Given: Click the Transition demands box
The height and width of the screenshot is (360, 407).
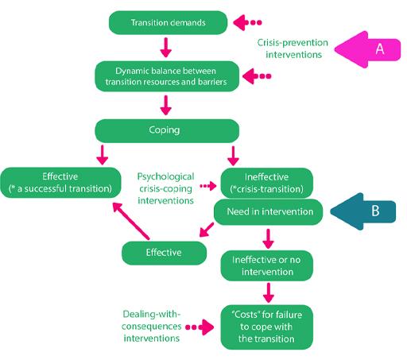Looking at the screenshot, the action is (x=168, y=22).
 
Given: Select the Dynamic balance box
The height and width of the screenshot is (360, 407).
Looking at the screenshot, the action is (x=167, y=76).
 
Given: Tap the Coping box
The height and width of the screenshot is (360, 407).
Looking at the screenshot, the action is (x=167, y=130).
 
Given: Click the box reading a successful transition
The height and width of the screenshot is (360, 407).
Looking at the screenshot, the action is (x=60, y=183).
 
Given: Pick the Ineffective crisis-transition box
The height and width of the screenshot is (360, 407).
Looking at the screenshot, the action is (x=267, y=183).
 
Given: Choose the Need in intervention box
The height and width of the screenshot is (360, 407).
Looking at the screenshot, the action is (x=268, y=212).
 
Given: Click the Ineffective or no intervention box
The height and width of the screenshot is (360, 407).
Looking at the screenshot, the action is (x=267, y=265).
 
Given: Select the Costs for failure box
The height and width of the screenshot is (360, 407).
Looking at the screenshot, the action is (x=267, y=327).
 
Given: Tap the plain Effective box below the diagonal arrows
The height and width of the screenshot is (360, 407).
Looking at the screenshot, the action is (x=164, y=253).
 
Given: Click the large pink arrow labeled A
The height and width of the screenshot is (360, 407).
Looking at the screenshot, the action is (x=367, y=49).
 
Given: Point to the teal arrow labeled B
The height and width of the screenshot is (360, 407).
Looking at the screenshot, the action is (x=363, y=211).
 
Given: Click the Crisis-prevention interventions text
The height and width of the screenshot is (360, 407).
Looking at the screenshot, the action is (x=293, y=48).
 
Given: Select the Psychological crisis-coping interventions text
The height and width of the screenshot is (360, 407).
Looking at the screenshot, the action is (x=165, y=188).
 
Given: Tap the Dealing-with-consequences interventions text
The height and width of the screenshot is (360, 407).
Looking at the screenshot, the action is (x=152, y=326).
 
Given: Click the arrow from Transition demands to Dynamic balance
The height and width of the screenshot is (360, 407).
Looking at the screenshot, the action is (x=166, y=48).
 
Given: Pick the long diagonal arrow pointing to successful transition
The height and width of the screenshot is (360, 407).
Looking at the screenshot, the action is (x=131, y=221).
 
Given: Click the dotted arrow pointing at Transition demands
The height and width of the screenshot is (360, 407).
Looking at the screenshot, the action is (x=247, y=22).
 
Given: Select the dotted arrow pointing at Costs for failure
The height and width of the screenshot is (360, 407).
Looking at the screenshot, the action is (x=200, y=327).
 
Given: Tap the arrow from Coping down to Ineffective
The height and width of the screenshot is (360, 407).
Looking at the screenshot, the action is (x=233, y=156).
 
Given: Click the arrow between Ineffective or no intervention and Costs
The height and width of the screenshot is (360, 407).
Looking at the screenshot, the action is (x=269, y=292).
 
